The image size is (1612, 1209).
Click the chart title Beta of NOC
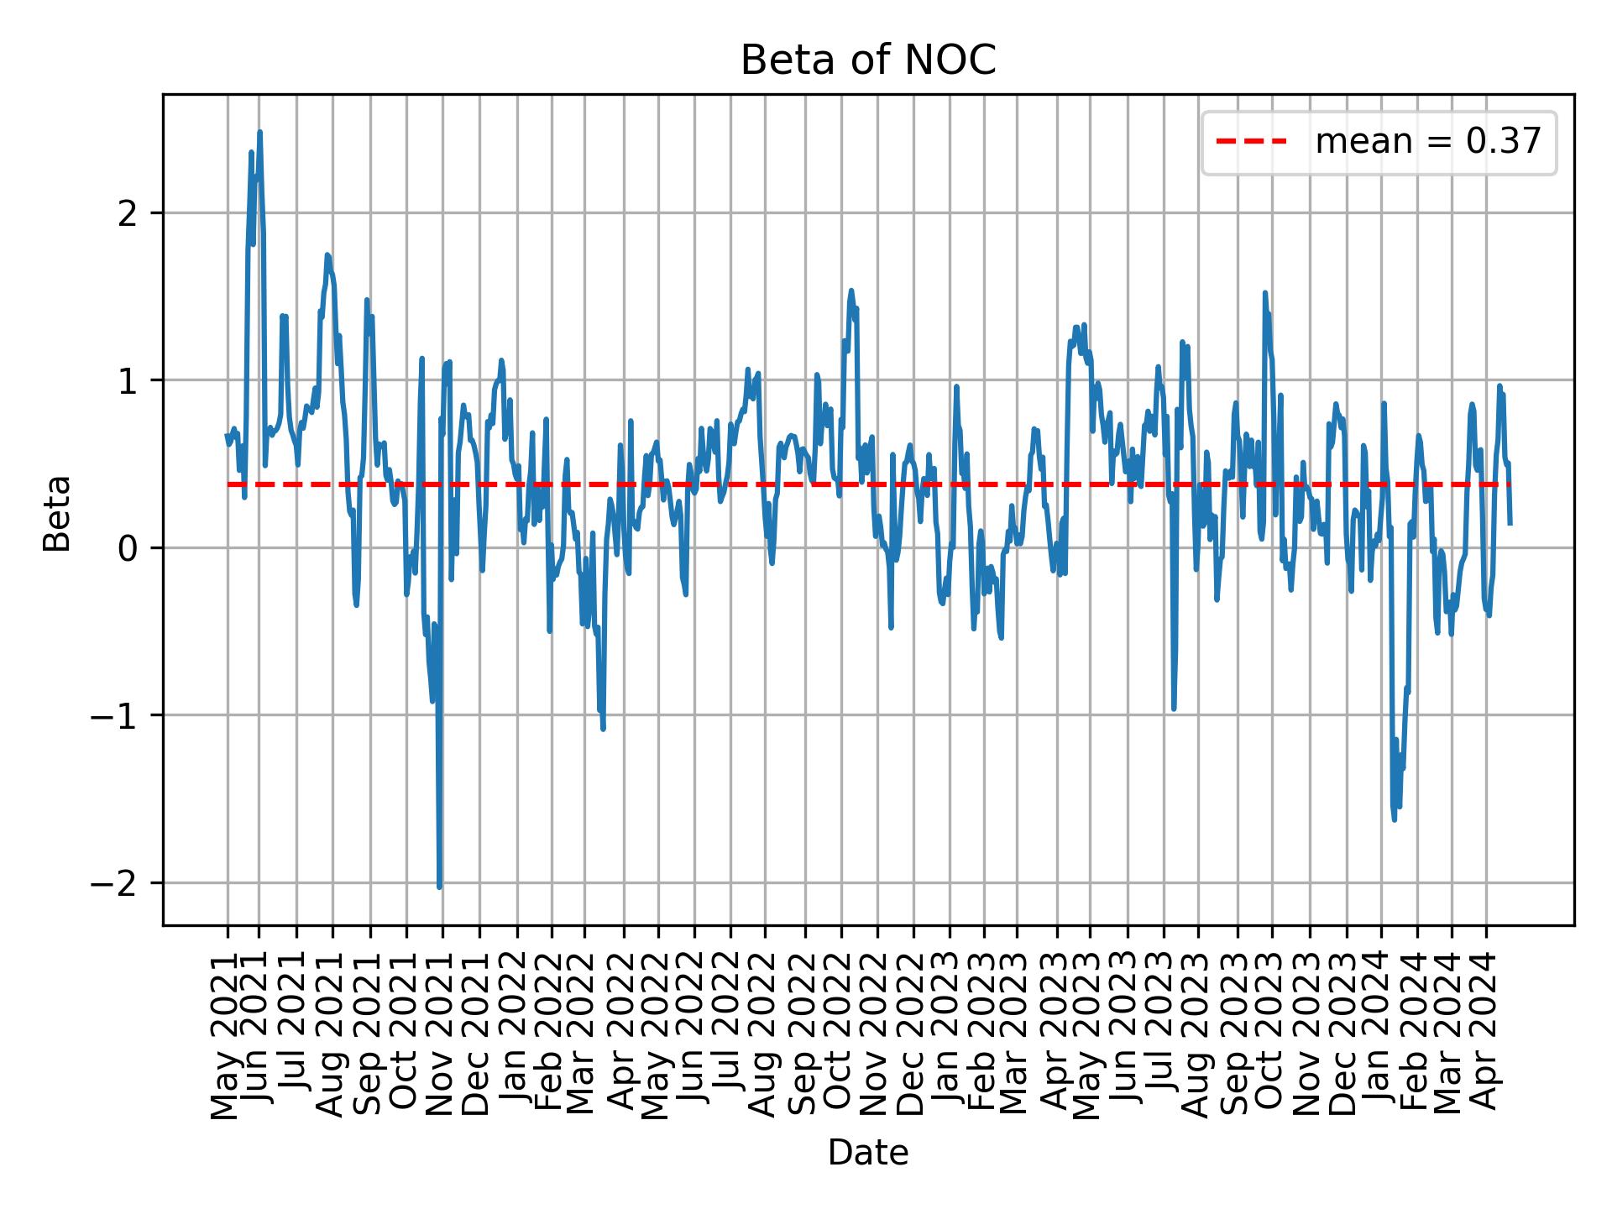[867, 61]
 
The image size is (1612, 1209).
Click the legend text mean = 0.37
[1428, 142]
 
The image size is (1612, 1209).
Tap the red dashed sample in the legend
[1251, 142]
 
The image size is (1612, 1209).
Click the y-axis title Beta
[58, 513]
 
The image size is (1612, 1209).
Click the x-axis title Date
[867, 1154]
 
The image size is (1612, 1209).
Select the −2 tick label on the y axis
[114, 883]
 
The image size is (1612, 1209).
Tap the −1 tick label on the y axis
[114, 715]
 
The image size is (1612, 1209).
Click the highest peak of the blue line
[259, 132]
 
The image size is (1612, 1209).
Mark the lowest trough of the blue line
[439, 887]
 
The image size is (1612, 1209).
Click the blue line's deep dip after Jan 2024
[1395, 819]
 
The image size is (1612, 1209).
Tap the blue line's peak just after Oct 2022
[851, 290]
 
